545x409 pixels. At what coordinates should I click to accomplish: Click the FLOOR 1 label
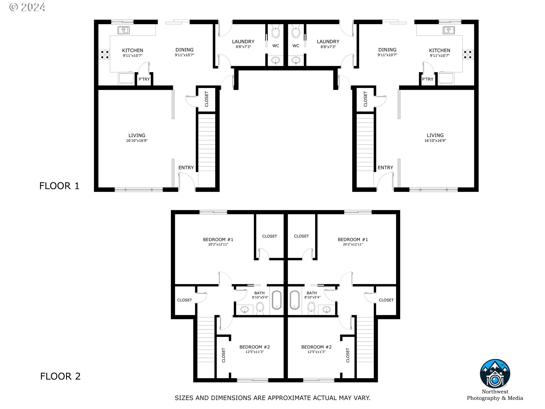click(x=59, y=186)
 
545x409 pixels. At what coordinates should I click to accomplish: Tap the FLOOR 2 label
click(x=60, y=376)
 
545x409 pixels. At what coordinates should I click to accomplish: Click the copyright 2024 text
click(x=27, y=7)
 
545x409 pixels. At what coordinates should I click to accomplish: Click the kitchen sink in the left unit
click(x=123, y=30)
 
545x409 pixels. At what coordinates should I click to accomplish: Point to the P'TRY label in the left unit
click(x=144, y=79)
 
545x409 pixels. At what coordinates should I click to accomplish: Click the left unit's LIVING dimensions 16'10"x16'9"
click(x=137, y=141)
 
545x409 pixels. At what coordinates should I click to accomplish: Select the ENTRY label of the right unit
click(x=385, y=168)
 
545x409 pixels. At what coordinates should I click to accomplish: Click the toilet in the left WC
click(x=275, y=32)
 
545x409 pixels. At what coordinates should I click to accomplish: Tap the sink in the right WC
click(x=296, y=60)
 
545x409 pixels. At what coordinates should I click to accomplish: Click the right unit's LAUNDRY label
click(x=328, y=41)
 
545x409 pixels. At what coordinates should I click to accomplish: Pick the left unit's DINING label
click(x=185, y=50)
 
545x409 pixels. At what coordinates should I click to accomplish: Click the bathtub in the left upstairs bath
click(x=277, y=300)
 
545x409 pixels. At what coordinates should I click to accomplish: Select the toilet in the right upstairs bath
click(x=311, y=308)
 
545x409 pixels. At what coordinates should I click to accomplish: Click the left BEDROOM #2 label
click(x=255, y=347)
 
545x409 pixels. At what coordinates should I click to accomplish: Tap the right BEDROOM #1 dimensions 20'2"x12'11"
click(x=353, y=244)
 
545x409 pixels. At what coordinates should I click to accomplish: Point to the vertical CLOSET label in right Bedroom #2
click(x=348, y=355)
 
